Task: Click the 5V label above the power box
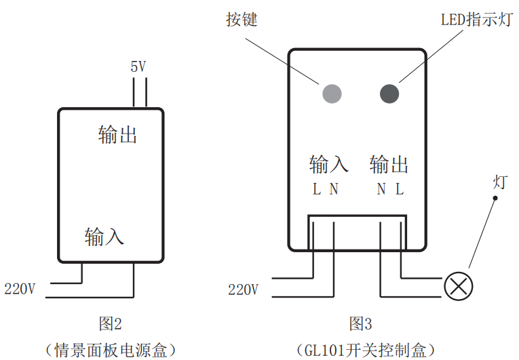point(138,66)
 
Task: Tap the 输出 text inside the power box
point(118,134)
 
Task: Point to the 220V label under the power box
point(20,289)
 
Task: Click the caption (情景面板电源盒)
point(110,350)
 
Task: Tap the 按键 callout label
point(242,19)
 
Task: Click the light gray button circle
point(330,93)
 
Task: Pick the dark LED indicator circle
point(390,93)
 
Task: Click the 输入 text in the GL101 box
point(328,164)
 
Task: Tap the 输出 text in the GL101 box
point(389,164)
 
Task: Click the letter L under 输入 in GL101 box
point(316,190)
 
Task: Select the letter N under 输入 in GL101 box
point(334,190)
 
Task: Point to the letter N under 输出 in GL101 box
point(381,190)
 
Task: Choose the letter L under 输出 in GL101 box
point(400,190)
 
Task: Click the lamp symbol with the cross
point(459,286)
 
